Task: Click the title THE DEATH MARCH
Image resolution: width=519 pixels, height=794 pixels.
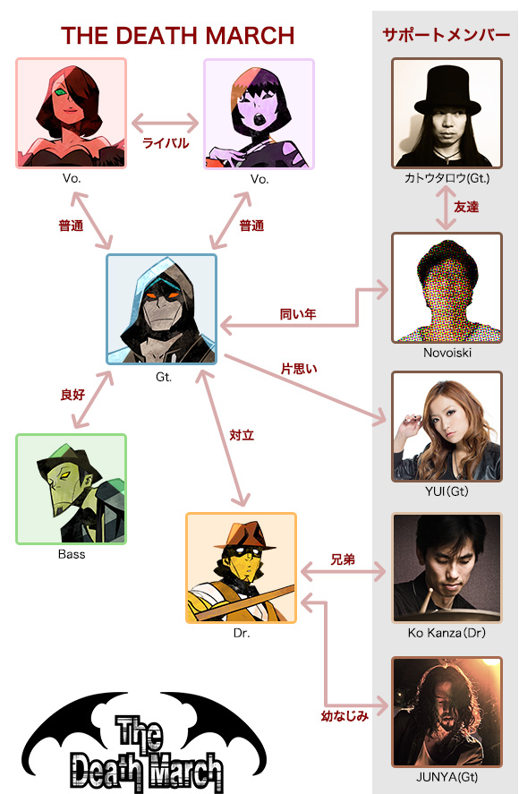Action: [x=178, y=36]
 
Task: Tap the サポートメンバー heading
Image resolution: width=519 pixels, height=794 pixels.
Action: [x=446, y=35]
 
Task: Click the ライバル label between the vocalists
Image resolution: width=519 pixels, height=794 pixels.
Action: [x=166, y=143]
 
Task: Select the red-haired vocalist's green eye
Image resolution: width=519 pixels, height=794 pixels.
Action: [x=61, y=92]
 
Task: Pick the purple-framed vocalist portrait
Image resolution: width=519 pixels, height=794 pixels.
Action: [x=259, y=114]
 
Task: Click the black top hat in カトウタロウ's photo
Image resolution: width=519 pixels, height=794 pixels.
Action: [x=447, y=90]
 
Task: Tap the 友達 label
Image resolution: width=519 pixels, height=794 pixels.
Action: [x=466, y=207]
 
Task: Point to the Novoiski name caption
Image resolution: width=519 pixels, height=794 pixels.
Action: [x=447, y=353]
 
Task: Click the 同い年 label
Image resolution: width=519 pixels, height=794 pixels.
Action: [x=298, y=314]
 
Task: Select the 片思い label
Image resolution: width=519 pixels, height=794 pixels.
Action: [x=299, y=369]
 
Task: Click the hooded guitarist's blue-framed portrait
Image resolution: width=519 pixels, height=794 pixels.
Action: [x=162, y=310]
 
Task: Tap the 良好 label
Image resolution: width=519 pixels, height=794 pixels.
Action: [x=72, y=395]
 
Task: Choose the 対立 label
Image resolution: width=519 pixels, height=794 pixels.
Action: [x=242, y=435]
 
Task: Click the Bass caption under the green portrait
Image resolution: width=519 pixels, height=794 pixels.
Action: [x=72, y=554]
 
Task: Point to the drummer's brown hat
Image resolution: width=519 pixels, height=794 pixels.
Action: [x=245, y=536]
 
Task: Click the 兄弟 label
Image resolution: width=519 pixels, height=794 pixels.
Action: [x=343, y=559]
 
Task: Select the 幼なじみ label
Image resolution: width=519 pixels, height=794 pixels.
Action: [x=345, y=716]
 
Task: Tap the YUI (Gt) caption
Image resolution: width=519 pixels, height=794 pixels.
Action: [x=447, y=491]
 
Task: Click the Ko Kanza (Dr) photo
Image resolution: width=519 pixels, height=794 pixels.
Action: [x=447, y=568]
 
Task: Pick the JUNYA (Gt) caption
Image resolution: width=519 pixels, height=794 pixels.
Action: [x=447, y=777]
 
